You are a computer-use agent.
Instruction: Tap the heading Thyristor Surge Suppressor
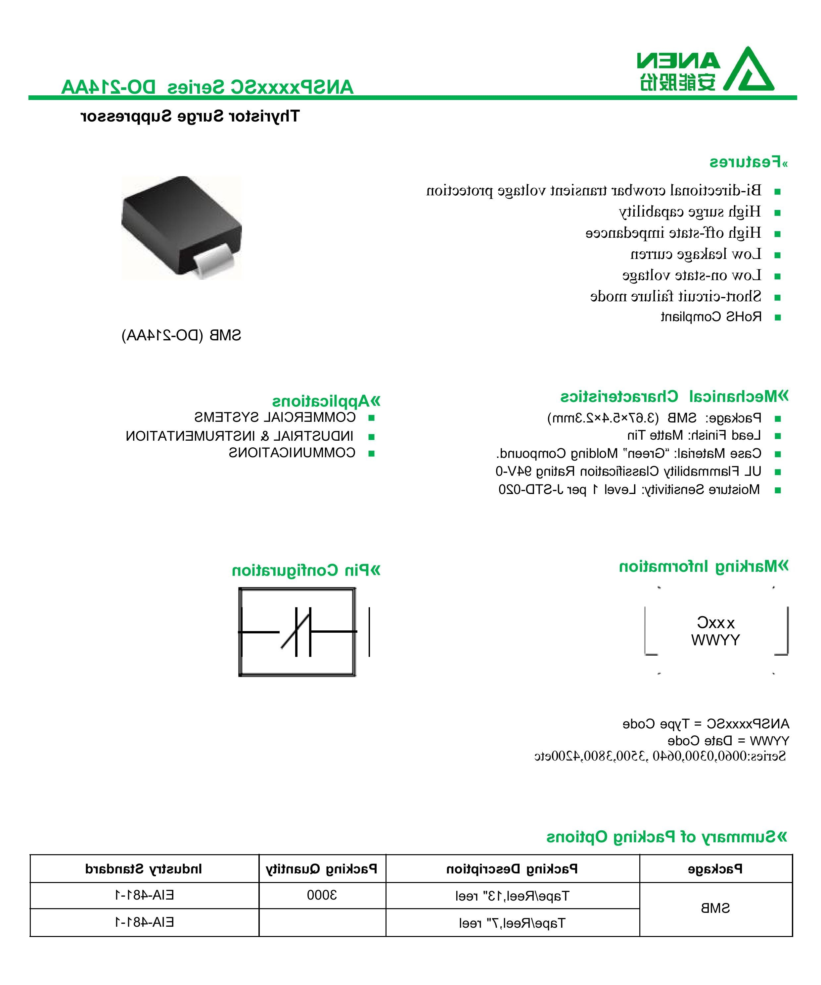[190, 116]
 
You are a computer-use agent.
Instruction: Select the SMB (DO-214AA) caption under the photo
[181, 335]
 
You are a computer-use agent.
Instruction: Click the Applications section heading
[326, 402]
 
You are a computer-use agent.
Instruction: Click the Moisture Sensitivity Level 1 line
[629, 490]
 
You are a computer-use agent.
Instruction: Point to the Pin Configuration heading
[306, 571]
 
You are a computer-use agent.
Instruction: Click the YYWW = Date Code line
[728, 741]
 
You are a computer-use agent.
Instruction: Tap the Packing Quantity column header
[322, 869]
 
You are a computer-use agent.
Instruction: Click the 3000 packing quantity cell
[322, 895]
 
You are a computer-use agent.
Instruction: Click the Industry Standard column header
[144, 869]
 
